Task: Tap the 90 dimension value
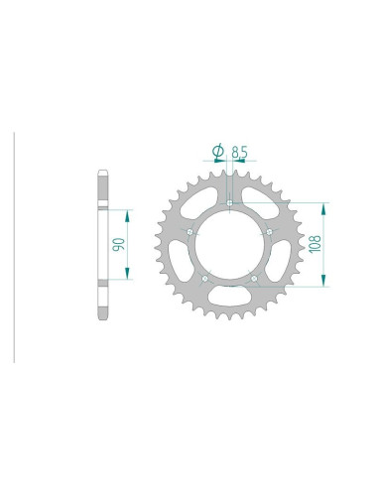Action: (119, 245)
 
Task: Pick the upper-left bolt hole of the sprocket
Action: (189, 232)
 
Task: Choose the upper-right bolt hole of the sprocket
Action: (270, 232)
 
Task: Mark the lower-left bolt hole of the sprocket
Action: (204, 279)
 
